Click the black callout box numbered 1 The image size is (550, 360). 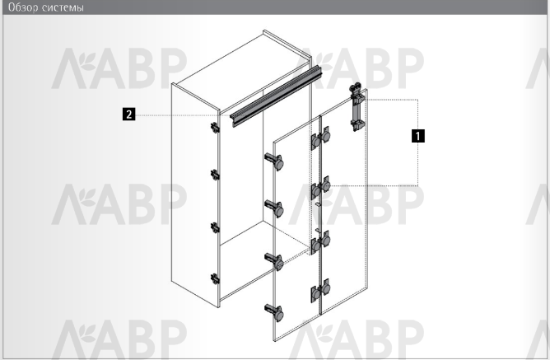click(417, 136)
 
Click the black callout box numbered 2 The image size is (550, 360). click(128, 115)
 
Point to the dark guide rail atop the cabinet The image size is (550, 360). click(276, 96)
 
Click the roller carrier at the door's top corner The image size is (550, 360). click(357, 106)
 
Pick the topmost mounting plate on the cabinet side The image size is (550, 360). click(215, 128)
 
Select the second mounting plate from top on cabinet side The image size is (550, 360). click(215, 175)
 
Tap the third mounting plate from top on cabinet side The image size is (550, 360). click(215, 227)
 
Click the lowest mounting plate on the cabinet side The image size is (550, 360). click(215, 279)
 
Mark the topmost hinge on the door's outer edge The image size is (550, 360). click(274, 161)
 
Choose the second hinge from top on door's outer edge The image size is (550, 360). click(274, 208)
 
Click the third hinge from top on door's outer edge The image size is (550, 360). click(274, 262)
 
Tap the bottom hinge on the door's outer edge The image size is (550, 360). click(274, 313)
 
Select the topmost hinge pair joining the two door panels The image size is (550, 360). click(320, 138)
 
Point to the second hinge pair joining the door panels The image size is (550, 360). click(320, 188)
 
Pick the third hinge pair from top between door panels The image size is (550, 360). click(320, 242)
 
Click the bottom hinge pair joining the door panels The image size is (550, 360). click(320, 291)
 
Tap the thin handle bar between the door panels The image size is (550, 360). click(318, 217)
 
